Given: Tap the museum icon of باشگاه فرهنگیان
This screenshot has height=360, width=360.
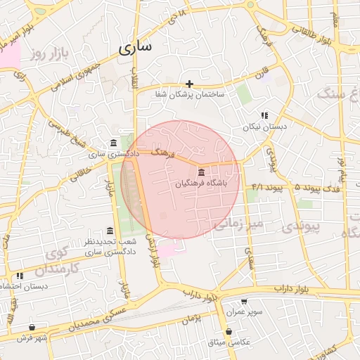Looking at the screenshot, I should pyautogui.click(x=202, y=172).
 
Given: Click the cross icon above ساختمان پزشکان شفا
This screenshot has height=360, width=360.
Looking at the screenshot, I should pyautogui.click(x=189, y=84).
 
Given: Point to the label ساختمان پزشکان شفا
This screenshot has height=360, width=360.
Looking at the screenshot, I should pyautogui.click(x=189, y=94).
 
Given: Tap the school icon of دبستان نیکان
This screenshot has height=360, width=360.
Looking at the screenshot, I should pyautogui.click(x=264, y=115).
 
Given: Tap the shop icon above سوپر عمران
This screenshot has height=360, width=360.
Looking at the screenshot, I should pyautogui.click(x=244, y=301).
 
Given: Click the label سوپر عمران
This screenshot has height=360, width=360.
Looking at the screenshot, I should pyautogui.click(x=244, y=311).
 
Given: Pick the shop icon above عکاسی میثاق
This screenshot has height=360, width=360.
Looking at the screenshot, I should pyautogui.click(x=229, y=331).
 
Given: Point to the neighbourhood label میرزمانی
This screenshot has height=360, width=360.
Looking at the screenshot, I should pyautogui.click(x=238, y=224).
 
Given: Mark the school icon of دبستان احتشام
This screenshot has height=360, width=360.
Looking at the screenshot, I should pyautogui.click(x=20, y=276).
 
